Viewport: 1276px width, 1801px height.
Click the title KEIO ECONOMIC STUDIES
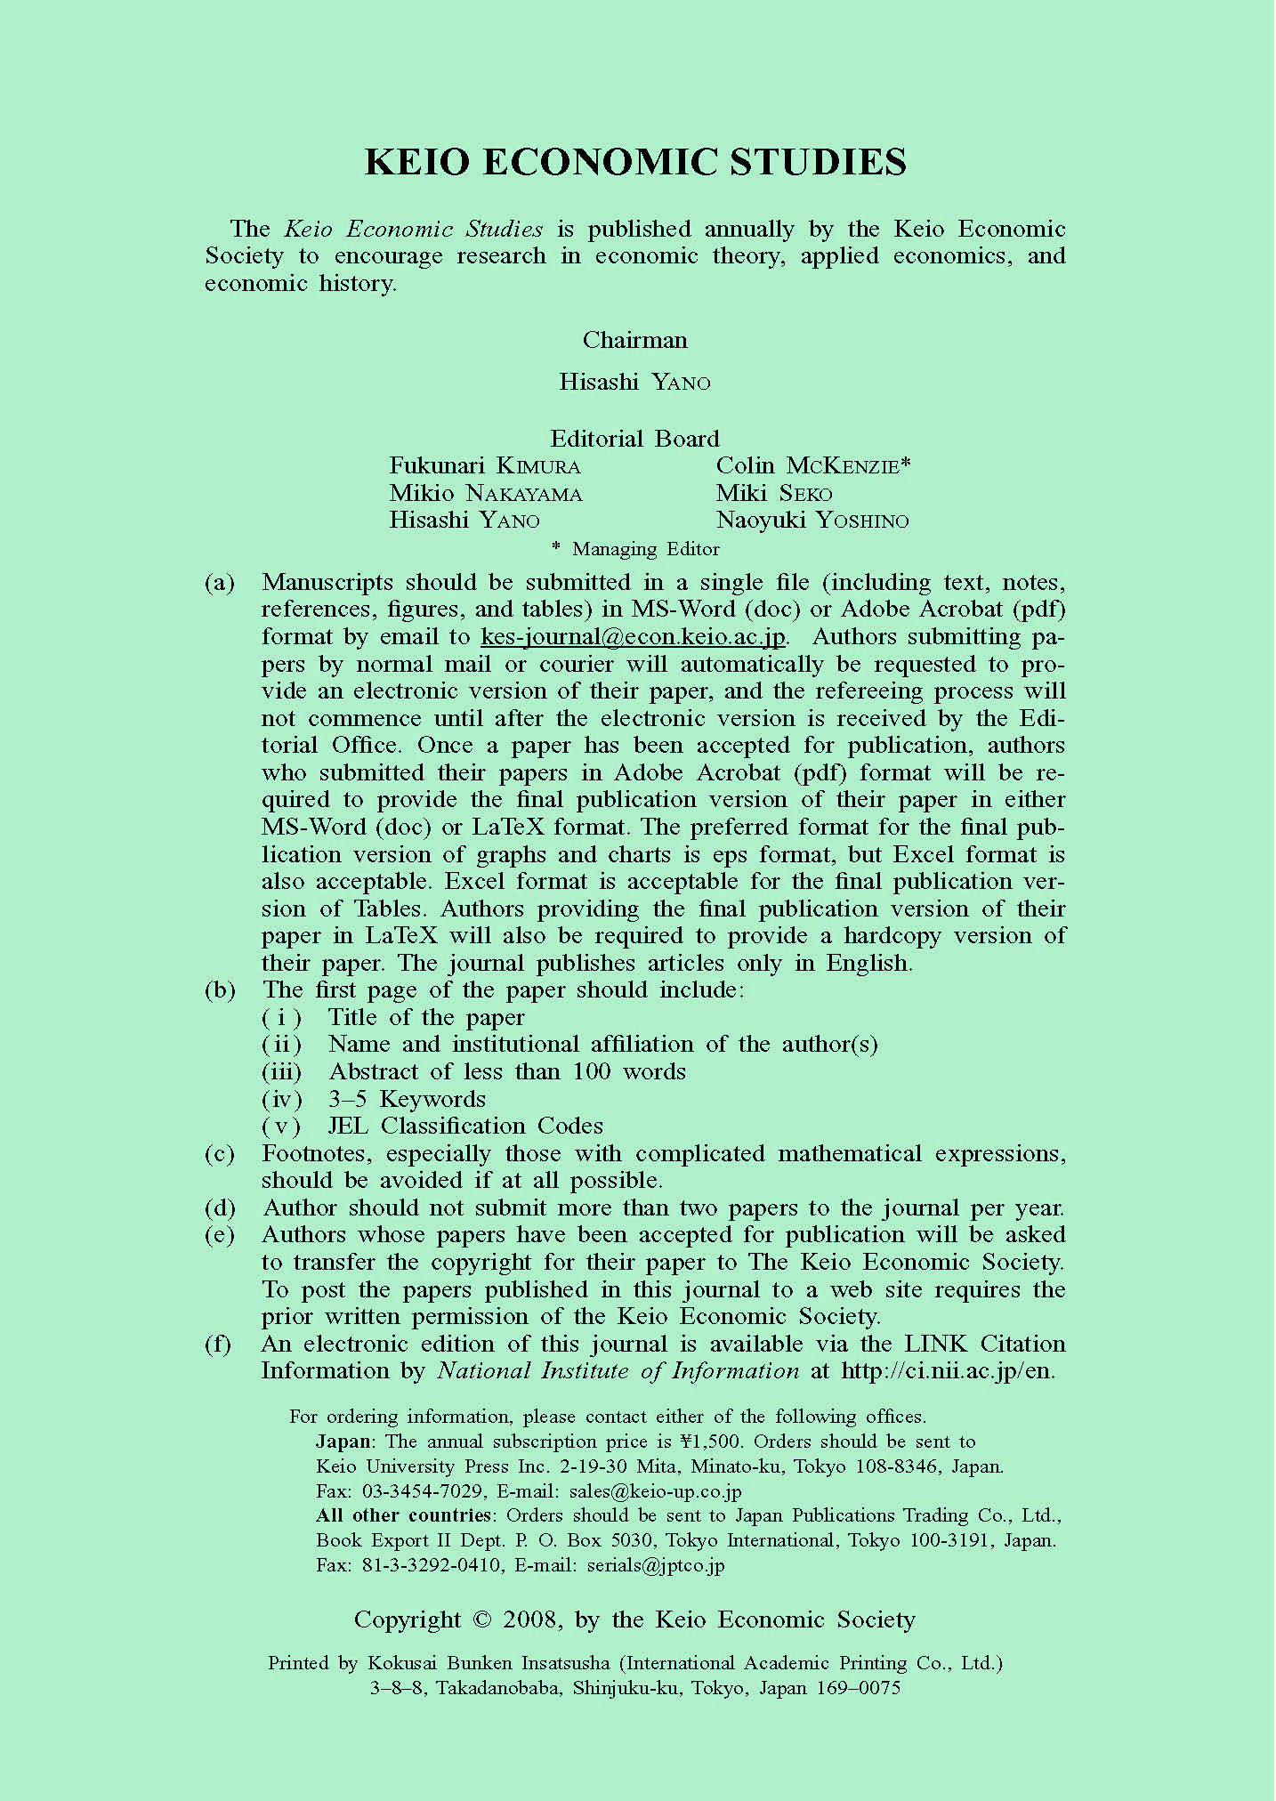635,162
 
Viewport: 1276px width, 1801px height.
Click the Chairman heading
634,340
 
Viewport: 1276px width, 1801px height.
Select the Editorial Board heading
634,439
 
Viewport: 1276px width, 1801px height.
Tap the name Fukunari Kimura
484,465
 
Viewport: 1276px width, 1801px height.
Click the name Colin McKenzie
812,465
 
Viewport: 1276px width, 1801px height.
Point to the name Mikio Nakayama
485,493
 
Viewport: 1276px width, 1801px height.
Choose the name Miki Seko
774,493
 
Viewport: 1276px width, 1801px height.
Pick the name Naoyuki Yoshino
812,521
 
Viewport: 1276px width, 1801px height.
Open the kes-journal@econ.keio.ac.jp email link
633,637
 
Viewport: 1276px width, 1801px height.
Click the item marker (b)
220,990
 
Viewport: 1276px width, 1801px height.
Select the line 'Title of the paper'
426,1017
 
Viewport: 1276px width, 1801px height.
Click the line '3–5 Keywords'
407,1099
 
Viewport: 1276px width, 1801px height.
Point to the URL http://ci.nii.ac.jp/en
948,1370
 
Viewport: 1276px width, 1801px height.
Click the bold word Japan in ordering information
343,1442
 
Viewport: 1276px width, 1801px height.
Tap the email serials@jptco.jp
656,1565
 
